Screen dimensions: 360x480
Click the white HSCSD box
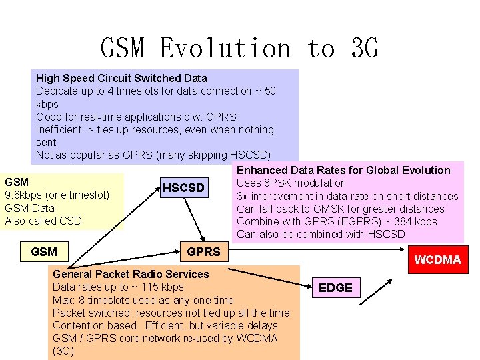point(183,188)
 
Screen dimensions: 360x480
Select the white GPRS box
point(203,251)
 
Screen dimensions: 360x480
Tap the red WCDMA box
point(437,259)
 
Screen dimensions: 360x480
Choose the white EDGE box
point(335,287)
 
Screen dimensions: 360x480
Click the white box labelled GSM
point(44,251)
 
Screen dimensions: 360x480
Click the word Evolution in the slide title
point(225,49)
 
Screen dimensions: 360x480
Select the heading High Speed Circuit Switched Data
point(121,78)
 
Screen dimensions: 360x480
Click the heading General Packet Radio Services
point(131,274)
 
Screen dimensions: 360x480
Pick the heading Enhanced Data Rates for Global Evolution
point(343,170)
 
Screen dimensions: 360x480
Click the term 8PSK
point(278,183)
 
